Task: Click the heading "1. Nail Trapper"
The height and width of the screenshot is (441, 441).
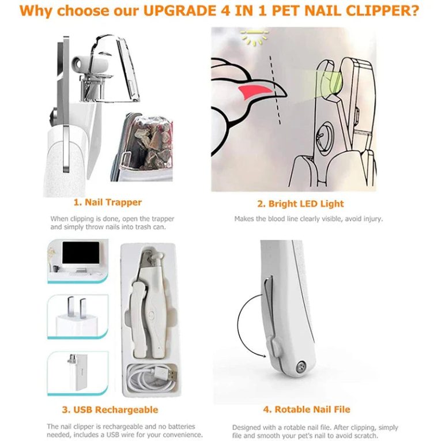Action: [107, 202]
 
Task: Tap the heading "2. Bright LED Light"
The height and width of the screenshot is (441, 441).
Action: [300, 203]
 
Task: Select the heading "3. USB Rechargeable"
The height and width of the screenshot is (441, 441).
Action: [110, 410]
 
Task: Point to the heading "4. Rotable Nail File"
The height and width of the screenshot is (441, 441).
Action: [306, 410]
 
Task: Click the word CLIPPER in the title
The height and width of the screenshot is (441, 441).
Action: [385, 11]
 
